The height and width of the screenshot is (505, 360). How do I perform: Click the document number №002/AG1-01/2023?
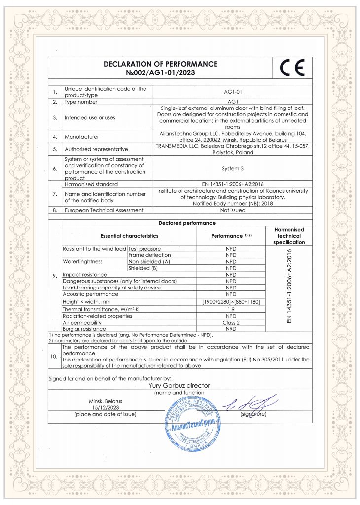tap(160, 72)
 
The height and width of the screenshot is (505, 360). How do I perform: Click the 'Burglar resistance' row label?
tap(84, 328)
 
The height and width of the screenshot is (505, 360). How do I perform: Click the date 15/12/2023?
tap(105, 408)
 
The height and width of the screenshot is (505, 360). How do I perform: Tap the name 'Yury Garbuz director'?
tap(179, 385)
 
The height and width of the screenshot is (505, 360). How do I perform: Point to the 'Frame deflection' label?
tap(149, 255)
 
